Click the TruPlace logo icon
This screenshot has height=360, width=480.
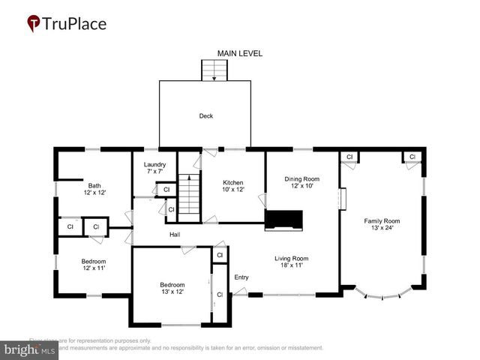pos(34,24)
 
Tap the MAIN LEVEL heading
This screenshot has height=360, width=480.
pos(240,54)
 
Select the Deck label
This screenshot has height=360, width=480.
pos(205,116)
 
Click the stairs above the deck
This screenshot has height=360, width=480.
pos(215,70)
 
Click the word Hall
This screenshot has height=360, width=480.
pos(174,235)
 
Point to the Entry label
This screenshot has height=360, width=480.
pos(241,277)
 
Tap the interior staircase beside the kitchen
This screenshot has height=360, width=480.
pos(190,196)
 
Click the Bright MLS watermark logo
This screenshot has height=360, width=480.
pos(30,349)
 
